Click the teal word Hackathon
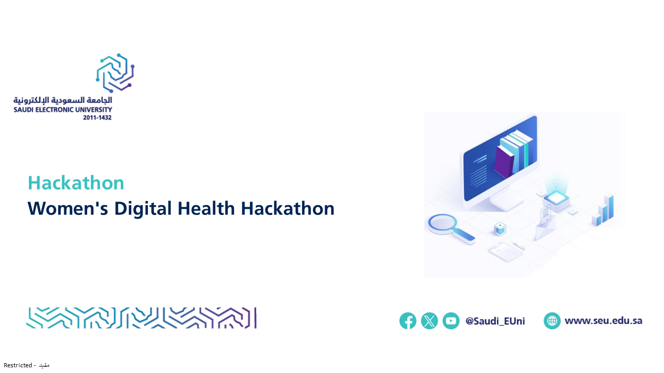pos(76,183)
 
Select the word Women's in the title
pos(68,208)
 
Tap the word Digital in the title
pos(143,209)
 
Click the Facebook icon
pos(408,321)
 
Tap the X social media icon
pos(429,321)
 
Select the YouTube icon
pos(451,321)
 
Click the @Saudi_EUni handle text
pos(495,321)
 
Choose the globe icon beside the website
pos(552,321)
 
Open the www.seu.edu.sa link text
pos(603,321)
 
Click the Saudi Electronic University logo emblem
pos(115,73)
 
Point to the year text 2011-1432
pos(97,118)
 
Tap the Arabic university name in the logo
pos(63,101)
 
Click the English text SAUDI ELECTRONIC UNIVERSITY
pos(63,109)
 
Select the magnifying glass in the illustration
pos(451,228)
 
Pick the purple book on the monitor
pos(504,162)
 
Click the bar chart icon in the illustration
pos(603,210)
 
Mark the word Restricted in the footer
pos(18,365)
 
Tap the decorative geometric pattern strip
pos(142,318)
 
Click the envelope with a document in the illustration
pos(545,223)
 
